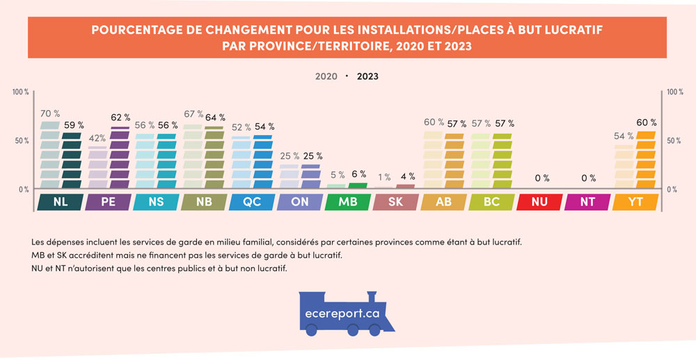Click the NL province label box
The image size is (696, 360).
tap(59, 202)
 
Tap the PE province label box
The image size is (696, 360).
tap(107, 202)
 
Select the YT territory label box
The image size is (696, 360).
tap(635, 202)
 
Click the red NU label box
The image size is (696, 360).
tap(539, 202)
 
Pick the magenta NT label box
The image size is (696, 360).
tap(587, 202)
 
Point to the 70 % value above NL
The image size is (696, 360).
tap(50, 114)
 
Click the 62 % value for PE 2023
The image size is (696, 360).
tap(120, 118)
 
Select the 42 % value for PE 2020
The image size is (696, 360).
tap(97, 138)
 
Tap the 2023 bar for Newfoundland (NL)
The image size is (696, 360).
tap(72, 160)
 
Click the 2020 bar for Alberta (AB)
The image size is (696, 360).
tap(433, 160)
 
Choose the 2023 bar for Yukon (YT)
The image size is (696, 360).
tap(647, 160)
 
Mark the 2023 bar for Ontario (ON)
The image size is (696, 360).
tap(311, 177)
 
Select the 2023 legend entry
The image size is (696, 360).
tap(367, 77)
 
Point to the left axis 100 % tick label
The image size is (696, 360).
tap(21, 92)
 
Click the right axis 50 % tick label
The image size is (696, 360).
tap(674, 141)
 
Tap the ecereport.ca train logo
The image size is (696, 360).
tap(347, 311)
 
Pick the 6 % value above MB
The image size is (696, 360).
tap(358, 174)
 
